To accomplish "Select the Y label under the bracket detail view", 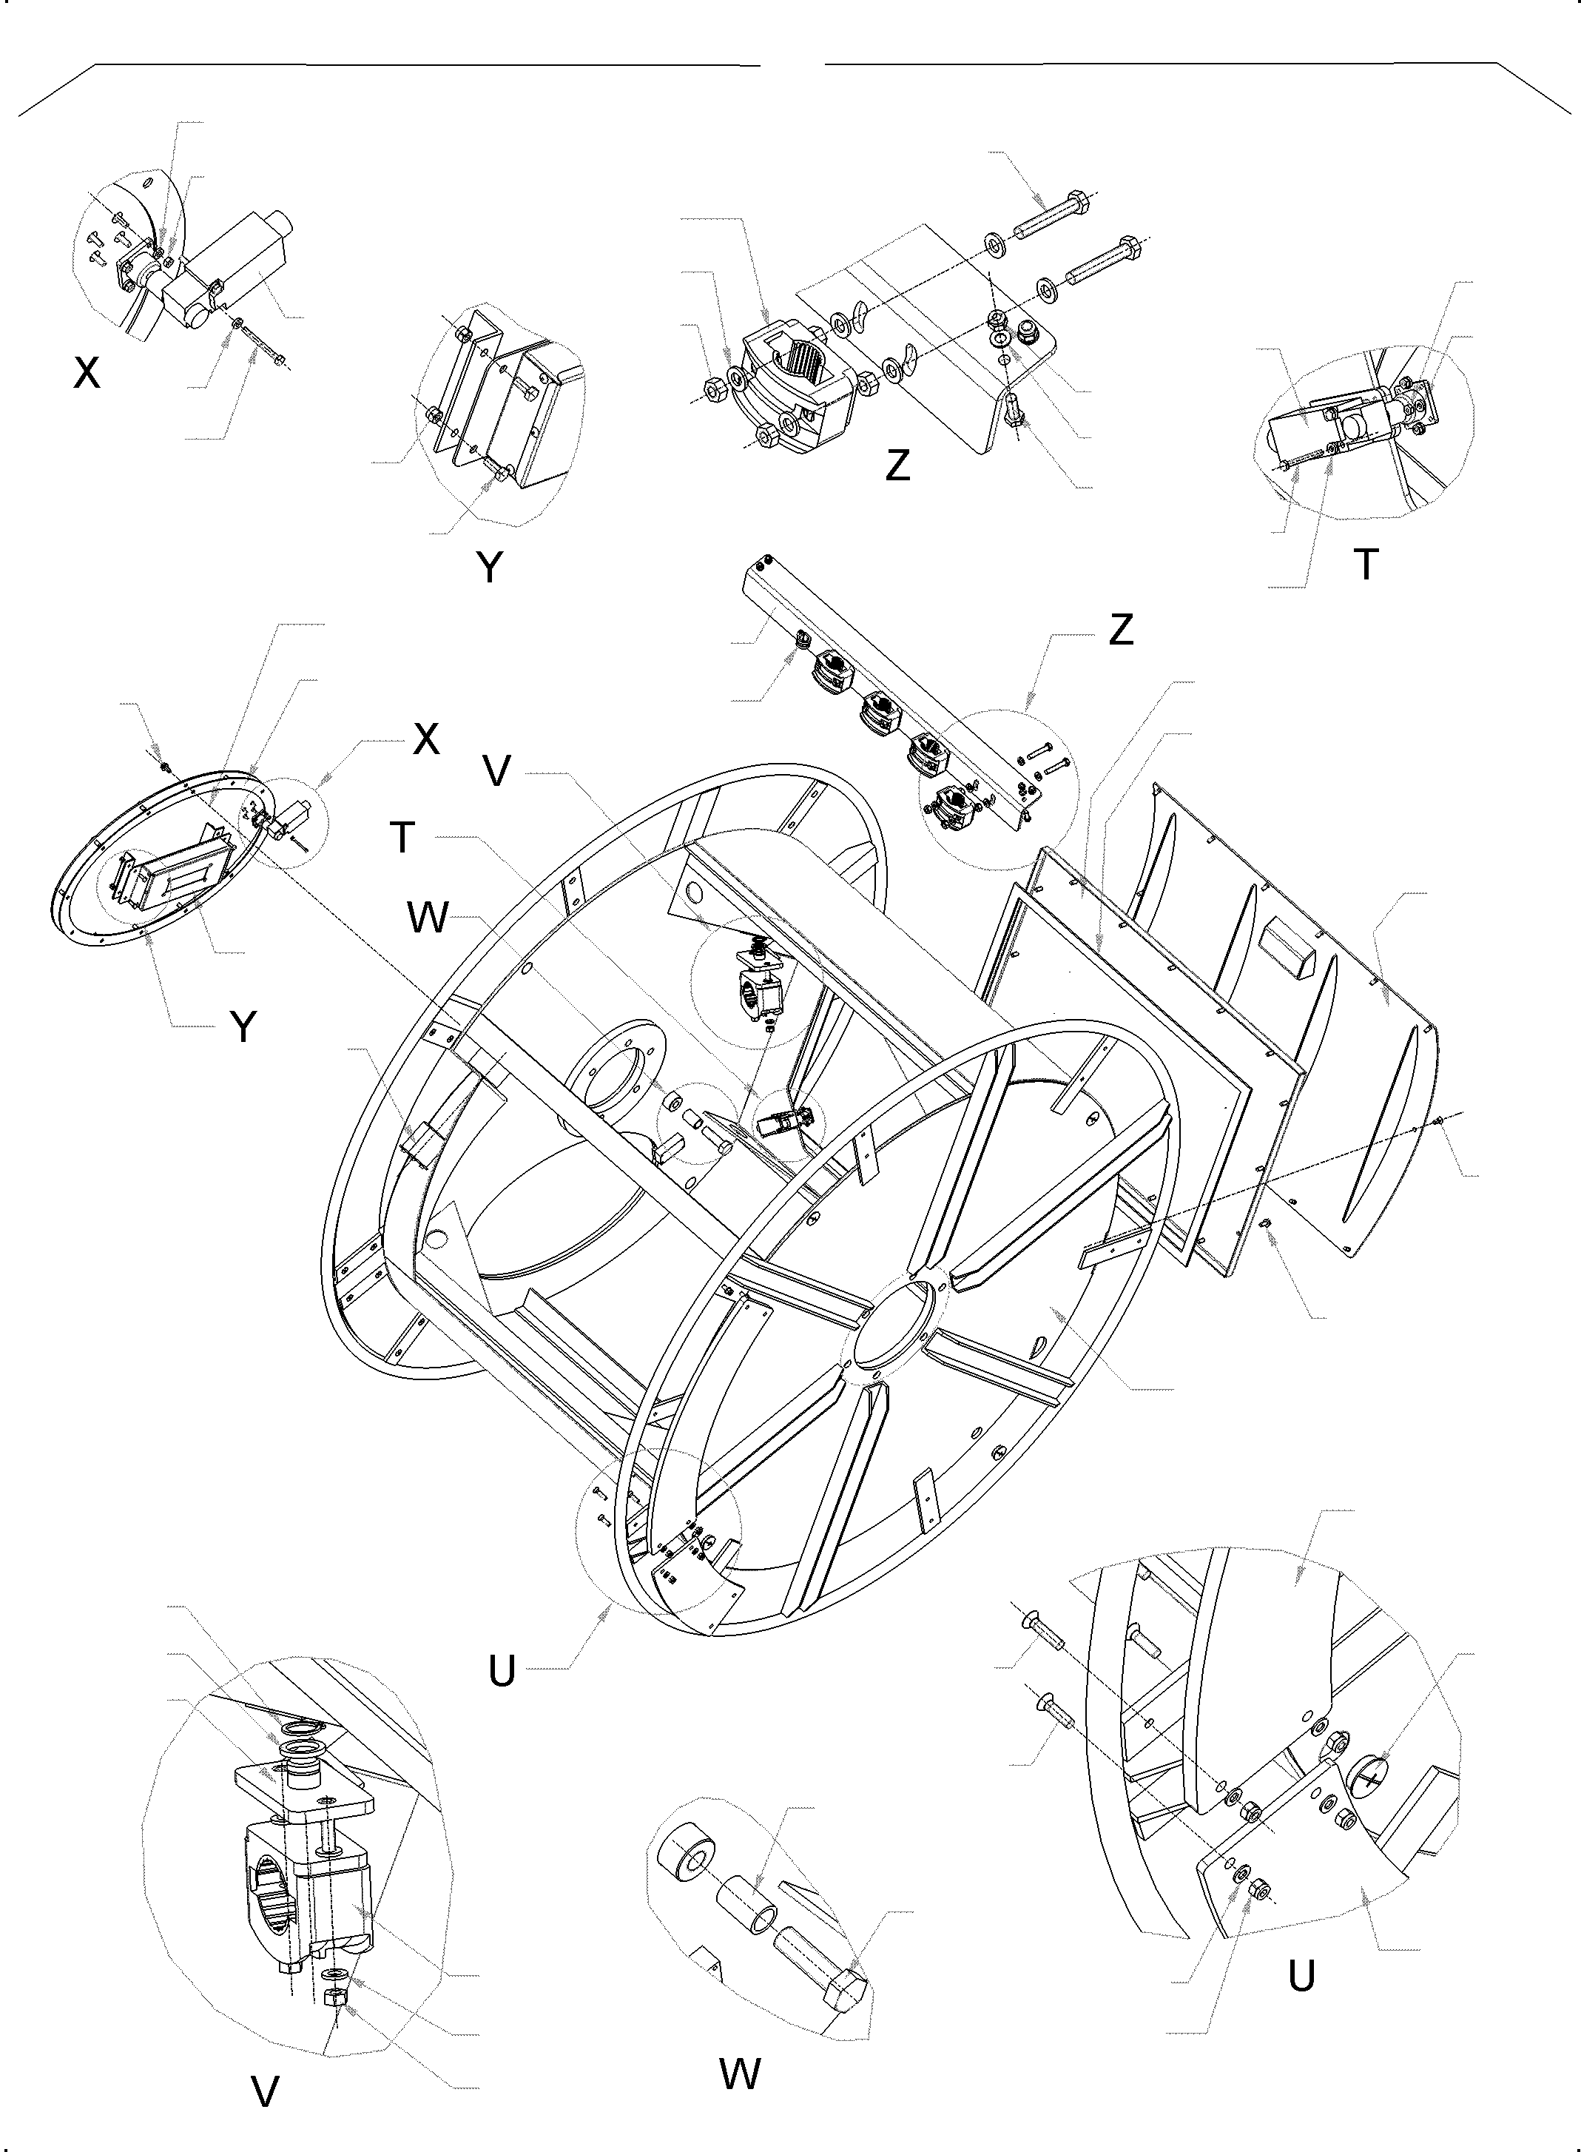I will [x=489, y=568].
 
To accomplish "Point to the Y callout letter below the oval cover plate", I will [x=245, y=1026].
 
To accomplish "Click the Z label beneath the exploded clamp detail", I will [x=897, y=465].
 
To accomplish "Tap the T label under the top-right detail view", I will [x=1366, y=565].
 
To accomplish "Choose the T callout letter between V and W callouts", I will [x=402, y=838].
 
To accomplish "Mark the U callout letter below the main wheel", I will [x=502, y=1670].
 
